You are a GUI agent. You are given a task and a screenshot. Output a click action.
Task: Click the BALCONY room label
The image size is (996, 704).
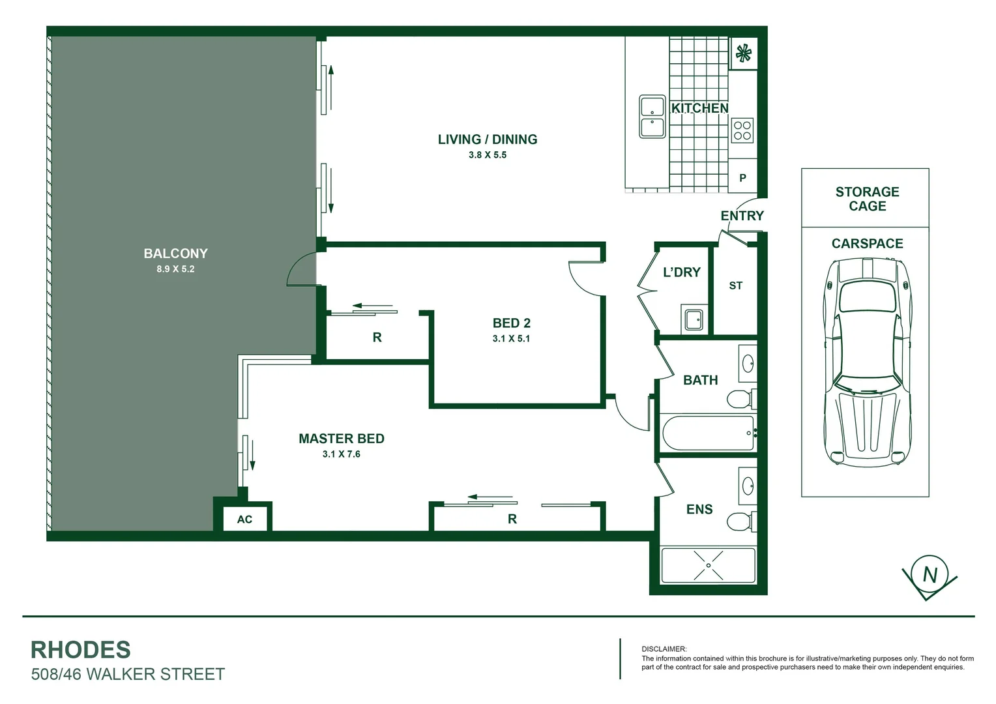click(x=175, y=254)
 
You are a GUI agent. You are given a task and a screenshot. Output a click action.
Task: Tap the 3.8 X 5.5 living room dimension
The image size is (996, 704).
click(x=487, y=155)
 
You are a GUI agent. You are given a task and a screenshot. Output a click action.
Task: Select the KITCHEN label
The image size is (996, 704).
click(x=699, y=108)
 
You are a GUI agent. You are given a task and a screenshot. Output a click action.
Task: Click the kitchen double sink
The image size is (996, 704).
click(x=652, y=117)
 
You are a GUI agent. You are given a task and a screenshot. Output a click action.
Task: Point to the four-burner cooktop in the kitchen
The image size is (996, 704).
click(x=742, y=130)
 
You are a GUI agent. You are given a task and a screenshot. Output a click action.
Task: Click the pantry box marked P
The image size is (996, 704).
click(x=742, y=178)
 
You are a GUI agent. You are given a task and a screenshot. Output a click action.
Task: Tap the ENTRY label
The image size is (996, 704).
click(x=742, y=216)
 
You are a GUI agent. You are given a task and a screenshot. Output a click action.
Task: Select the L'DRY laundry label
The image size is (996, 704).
click(x=681, y=272)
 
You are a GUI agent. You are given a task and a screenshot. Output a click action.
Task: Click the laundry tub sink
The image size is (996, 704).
click(x=694, y=319)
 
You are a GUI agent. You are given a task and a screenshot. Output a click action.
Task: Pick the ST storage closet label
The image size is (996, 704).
click(x=735, y=286)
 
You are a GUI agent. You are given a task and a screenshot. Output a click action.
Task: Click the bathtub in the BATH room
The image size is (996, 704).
click(x=708, y=433)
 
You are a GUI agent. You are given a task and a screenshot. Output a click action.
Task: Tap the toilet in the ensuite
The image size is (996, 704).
click(x=740, y=522)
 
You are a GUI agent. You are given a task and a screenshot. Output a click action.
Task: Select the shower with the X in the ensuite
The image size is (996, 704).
click(x=708, y=565)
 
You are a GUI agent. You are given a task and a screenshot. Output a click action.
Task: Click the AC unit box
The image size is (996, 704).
click(x=244, y=520)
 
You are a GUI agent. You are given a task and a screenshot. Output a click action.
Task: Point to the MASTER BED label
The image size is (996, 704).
click(x=341, y=439)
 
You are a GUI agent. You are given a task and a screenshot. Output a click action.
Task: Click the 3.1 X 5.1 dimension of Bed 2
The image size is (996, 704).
click(x=511, y=339)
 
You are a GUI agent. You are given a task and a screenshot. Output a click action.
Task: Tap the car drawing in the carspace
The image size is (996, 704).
click(x=867, y=362)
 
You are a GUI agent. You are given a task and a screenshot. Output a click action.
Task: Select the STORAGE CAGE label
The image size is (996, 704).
click(x=867, y=199)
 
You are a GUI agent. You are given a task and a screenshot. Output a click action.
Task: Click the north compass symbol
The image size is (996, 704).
click(x=930, y=576)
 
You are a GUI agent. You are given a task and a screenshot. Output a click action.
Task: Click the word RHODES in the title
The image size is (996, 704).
click(x=81, y=650)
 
